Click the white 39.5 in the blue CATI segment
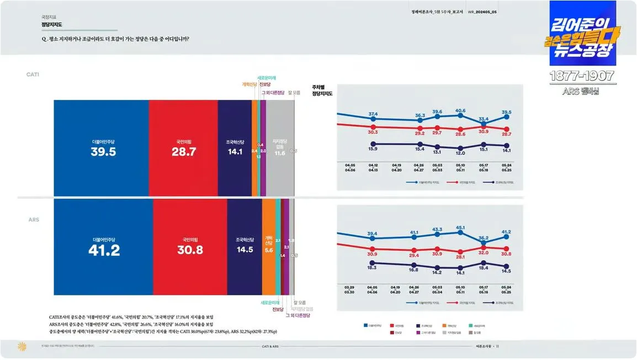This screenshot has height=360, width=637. click(104, 152)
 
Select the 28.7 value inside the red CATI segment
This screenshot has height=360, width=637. click(184, 152)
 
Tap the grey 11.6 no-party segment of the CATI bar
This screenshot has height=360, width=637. click(280, 153)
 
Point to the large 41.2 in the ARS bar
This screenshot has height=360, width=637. click(104, 250)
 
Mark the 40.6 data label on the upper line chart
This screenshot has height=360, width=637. click(460, 110)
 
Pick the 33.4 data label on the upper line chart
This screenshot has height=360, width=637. click(484, 119)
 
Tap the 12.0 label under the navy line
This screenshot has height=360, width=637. click(460, 153)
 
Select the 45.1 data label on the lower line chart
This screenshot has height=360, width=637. click(460, 227)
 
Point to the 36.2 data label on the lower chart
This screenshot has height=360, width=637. click(484, 237)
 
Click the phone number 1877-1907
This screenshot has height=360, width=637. click(582, 76)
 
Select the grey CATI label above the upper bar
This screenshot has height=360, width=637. click(33, 74)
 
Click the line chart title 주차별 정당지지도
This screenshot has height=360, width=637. click(322, 91)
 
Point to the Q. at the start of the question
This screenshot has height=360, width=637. click(44, 39)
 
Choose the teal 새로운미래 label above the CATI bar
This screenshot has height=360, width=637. click(267, 78)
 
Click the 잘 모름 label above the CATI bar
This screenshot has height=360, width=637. click(294, 93)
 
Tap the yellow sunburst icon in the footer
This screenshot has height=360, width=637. click(23, 346)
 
